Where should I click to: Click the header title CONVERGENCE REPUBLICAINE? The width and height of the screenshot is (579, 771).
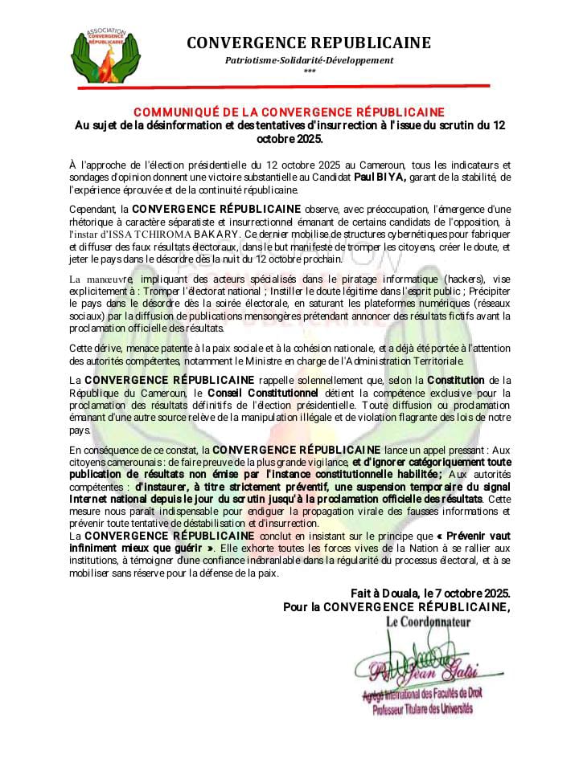click(309, 43)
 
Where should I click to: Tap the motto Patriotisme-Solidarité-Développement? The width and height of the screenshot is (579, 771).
click(309, 60)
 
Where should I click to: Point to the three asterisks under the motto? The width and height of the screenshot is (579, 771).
click(310, 72)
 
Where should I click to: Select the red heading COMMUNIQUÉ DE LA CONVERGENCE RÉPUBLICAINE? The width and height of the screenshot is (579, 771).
click(289, 112)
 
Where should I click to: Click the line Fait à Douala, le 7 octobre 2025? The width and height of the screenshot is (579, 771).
click(429, 593)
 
